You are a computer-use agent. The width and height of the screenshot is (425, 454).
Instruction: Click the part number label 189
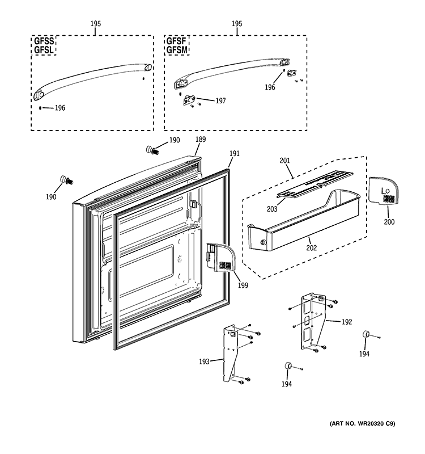(x=201, y=140)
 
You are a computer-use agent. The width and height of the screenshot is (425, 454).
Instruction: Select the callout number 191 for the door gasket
(x=235, y=154)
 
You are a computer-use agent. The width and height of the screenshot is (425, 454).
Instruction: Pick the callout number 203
(x=273, y=209)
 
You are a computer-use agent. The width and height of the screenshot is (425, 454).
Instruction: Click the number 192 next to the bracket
(x=347, y=322)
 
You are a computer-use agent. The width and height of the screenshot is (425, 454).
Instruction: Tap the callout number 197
(x=220, y=101)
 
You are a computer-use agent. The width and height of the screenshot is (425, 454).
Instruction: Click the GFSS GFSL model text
(x=44, y=45)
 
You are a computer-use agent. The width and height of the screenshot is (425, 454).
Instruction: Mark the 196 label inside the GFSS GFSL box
(x=60, y=108)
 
